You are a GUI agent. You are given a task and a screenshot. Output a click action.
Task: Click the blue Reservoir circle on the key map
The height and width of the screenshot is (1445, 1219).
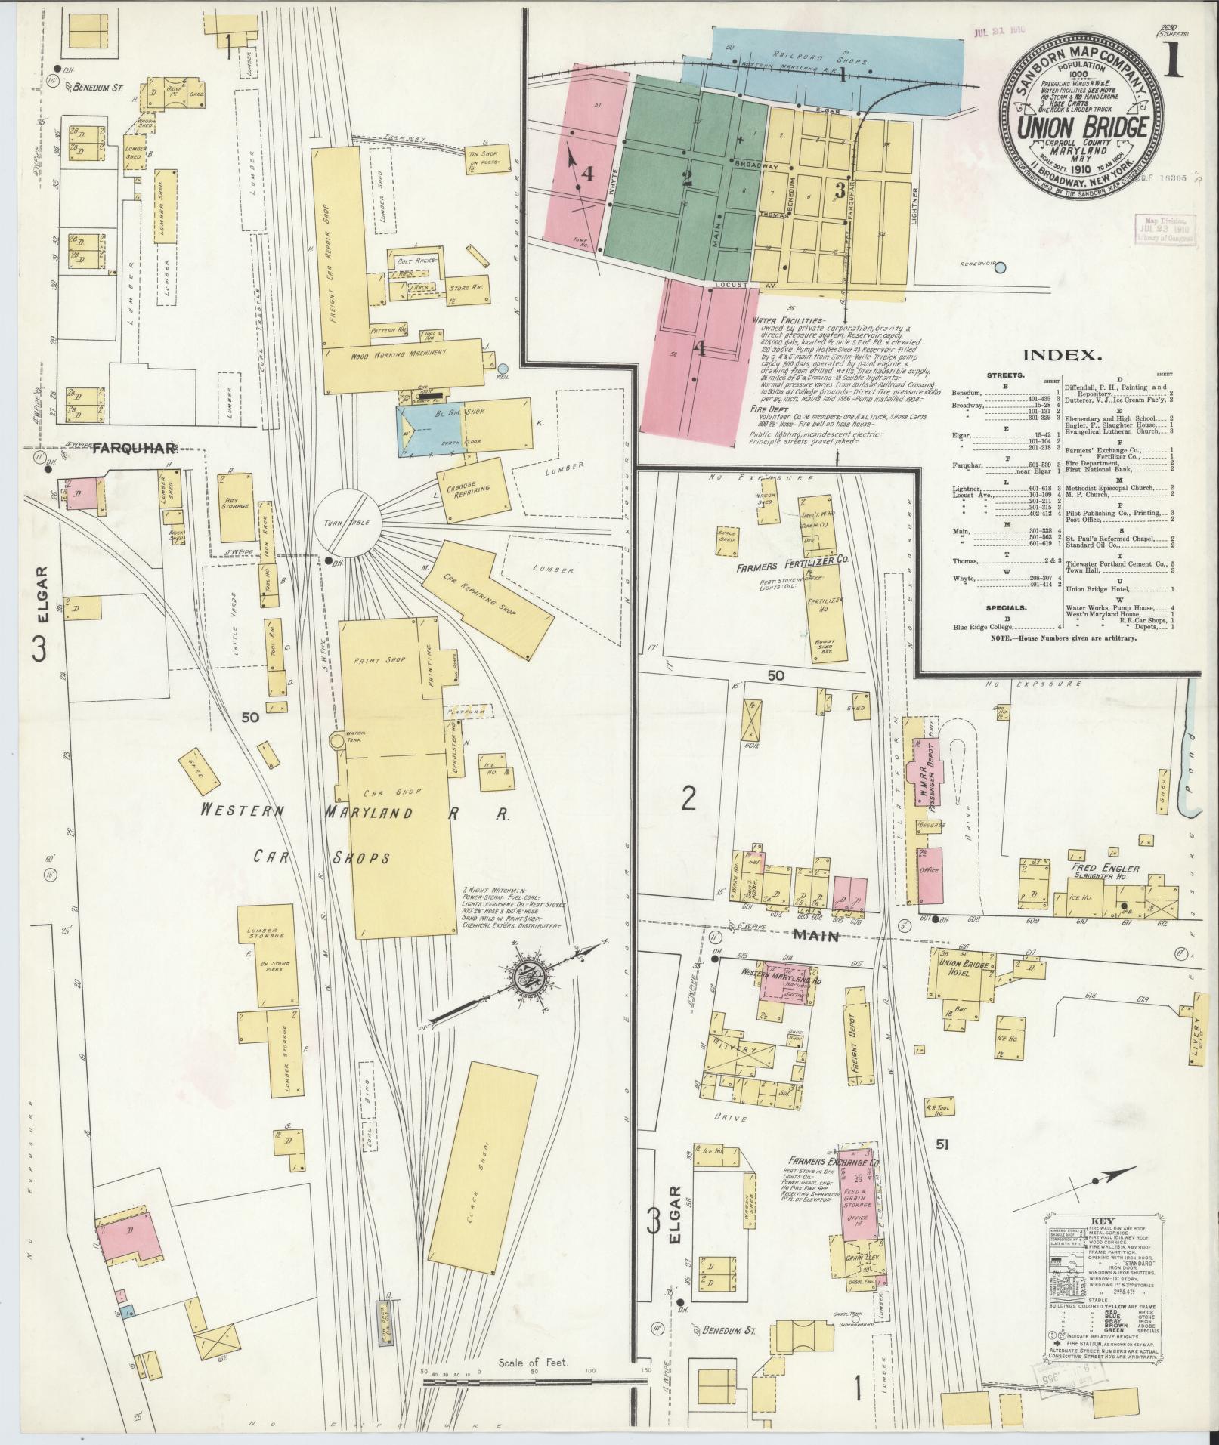coord(1001,267)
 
